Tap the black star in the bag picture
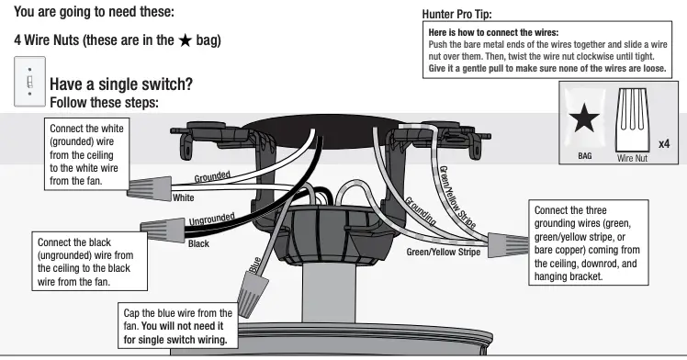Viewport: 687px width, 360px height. coord(588,119)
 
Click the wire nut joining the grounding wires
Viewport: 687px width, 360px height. coord(501,242)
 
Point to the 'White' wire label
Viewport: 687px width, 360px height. coord(184,197)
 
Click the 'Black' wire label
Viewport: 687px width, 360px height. coord(198,244)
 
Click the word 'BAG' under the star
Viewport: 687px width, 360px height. coord(584,156)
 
